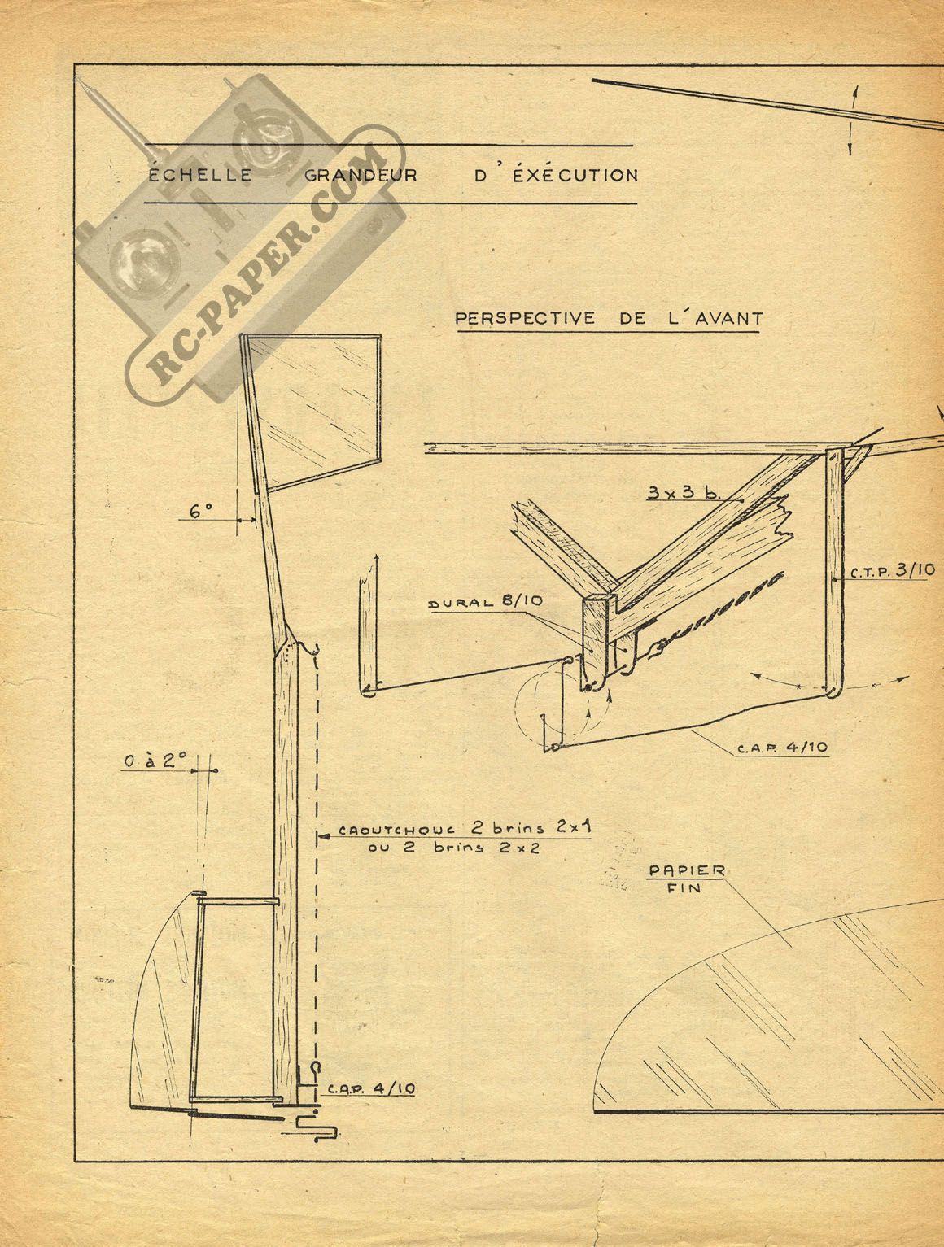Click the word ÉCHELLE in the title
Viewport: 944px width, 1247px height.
click(x=199, y=174)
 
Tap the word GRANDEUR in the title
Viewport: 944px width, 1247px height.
click(x=361, y=174)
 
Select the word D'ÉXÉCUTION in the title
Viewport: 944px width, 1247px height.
click(x=555, y=174)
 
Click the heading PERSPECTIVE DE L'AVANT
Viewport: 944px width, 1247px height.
click(x=609, y=317)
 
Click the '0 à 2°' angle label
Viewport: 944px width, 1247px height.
click(x=155, y=761)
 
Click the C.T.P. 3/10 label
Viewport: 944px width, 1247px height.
click(x=892, y=571)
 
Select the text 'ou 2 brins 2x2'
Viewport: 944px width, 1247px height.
click(x=453, y=848)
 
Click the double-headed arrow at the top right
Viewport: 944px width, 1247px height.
click(x=852, y=120)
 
